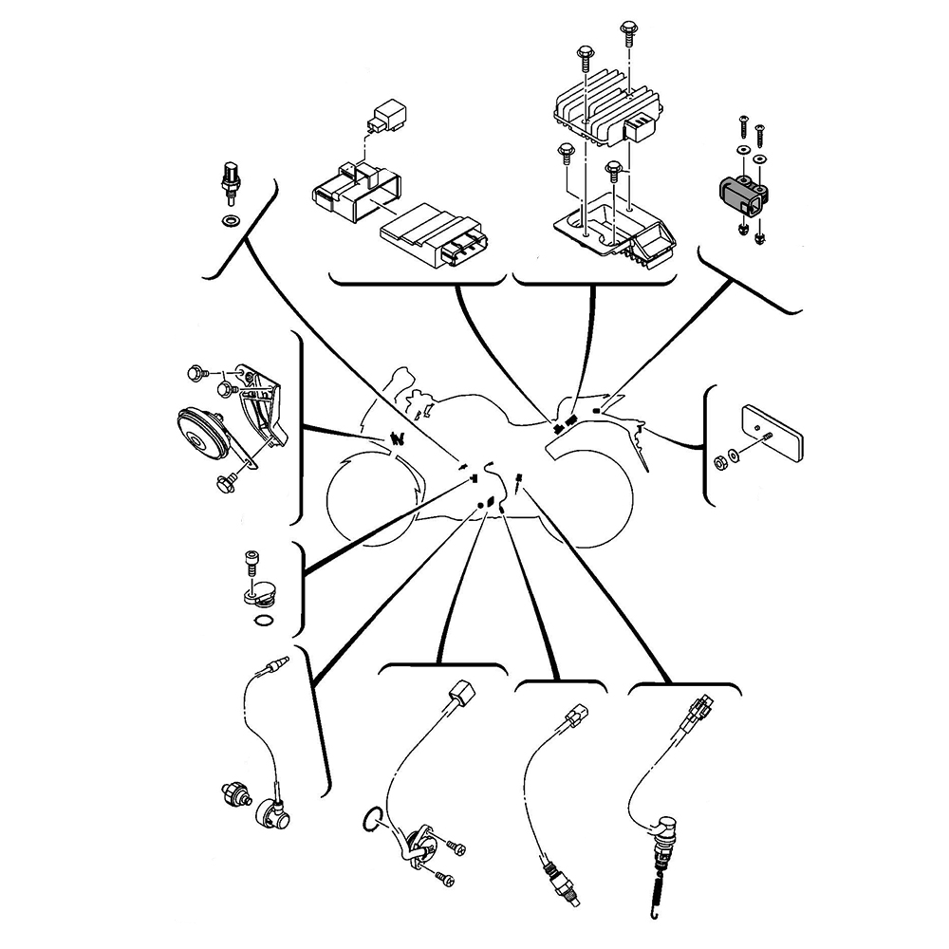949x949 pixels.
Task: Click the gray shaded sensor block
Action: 738,195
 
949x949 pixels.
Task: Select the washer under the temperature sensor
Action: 228,221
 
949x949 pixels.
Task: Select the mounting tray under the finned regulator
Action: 617,228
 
